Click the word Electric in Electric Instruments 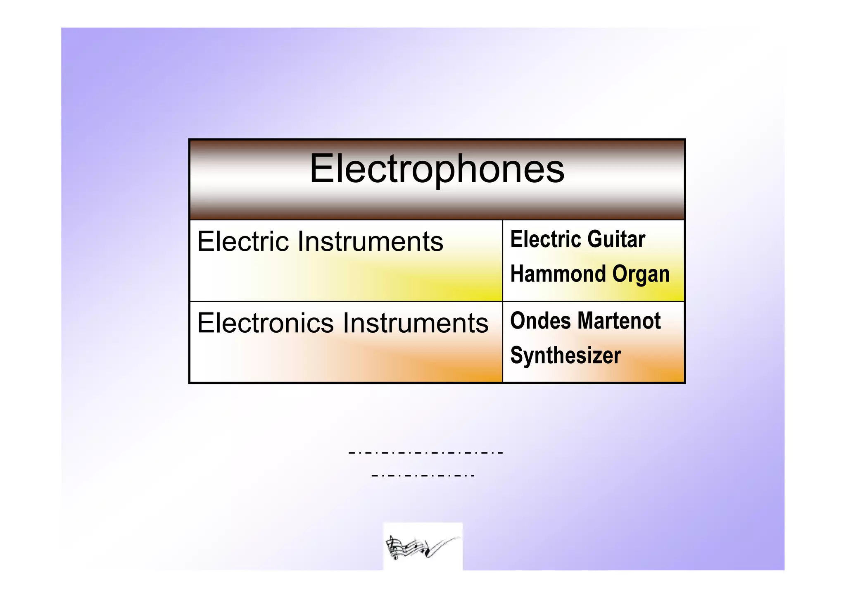click(x=243, y=241)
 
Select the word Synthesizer click(x=566, y=356)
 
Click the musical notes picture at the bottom click(x=423, y=546)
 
